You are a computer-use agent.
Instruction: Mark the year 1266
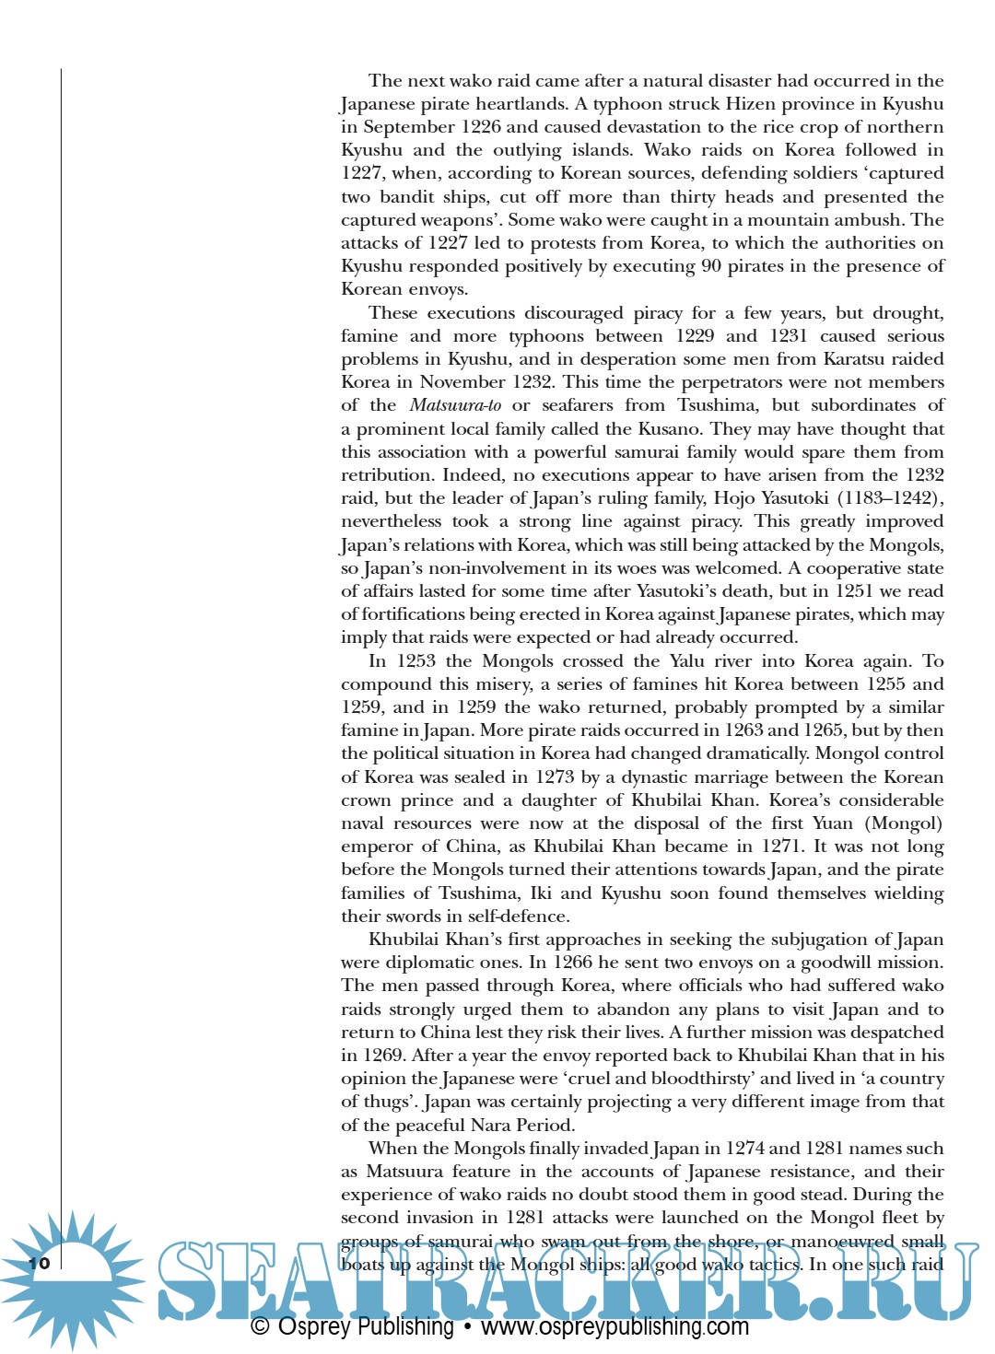(573, 963)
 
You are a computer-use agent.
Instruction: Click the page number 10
(39, 1262)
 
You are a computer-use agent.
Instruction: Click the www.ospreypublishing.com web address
(615, 1327)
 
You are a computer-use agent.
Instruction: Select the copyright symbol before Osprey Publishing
(260, 1327)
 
